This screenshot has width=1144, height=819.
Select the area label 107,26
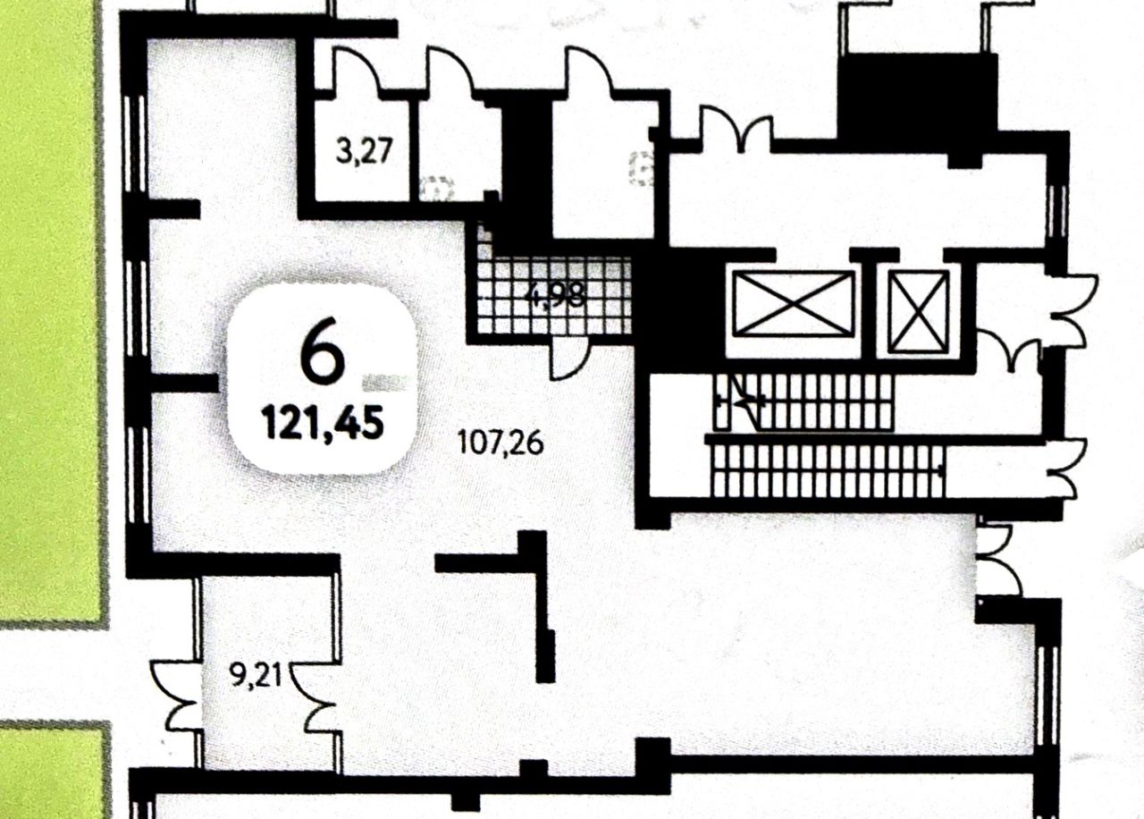pyautogui.click(x=500, y=443)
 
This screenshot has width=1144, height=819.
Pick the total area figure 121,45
pyautogui.click(x=323, y=421)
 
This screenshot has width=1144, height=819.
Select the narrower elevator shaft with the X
pyautogui.click(x=920, y=309)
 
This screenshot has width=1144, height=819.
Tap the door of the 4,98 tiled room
pyautogui.click(x=567, y=359)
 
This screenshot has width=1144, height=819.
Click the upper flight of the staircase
pyautogui.click(x=809, y=401)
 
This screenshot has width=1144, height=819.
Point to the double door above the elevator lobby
pyautogui.click(x=736, y=125)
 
